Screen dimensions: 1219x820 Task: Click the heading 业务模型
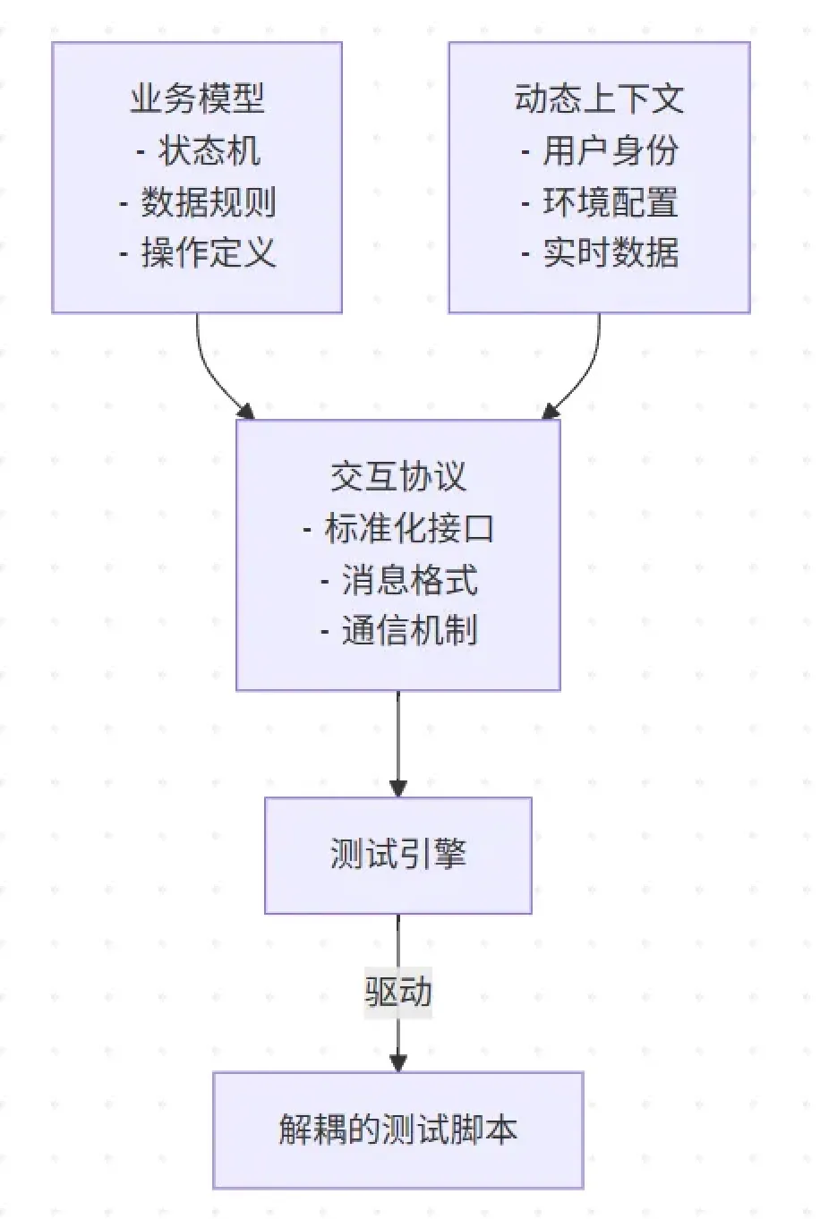point(197,98)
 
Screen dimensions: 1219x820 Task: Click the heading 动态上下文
point(599,98)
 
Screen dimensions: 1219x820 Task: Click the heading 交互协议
point(398,476)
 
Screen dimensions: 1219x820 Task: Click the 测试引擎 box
point(398,855)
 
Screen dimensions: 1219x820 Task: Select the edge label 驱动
point(398,992)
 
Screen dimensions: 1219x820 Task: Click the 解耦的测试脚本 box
point(398,1129)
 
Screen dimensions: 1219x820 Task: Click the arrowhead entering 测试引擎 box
point(398,788)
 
